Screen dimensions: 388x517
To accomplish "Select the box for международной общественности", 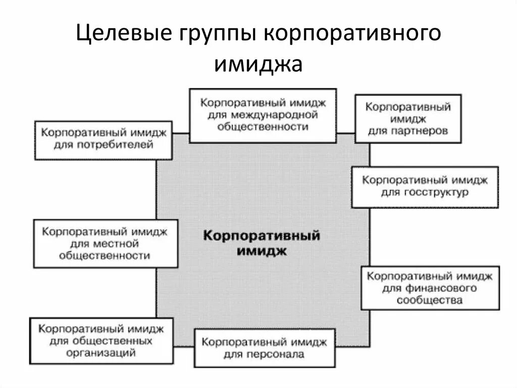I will tap(263, 116).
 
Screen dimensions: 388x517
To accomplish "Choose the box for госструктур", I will tap(425, 187).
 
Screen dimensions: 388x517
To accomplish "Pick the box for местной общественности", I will tap(106, 243).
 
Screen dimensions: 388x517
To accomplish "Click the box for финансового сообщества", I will tap(430, 288).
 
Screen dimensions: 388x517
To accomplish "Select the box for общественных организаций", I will tap(101, 340).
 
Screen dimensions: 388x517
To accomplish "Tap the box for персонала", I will tap(265, 348).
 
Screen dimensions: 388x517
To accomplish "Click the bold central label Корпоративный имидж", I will tap(261, 243).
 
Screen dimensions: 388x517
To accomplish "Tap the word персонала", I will tap(275, 354).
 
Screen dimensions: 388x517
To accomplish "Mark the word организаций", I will tap(101, 353).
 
